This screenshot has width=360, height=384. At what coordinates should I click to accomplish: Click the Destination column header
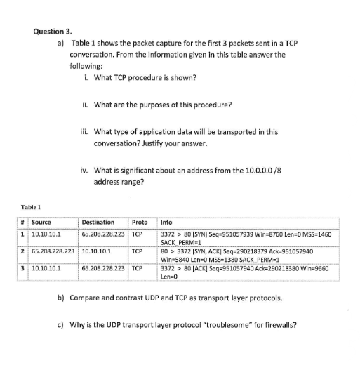tap(98, 223)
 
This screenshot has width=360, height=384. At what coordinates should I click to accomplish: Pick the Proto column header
tap(140, 223)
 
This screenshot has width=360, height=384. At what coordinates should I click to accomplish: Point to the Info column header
tap(168, 223)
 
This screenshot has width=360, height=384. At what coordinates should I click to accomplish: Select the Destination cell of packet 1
tap(103, 233)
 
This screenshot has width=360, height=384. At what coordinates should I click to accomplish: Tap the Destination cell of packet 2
tap(97, 250)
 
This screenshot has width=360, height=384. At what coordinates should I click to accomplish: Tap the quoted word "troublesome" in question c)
tap(230, 325)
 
